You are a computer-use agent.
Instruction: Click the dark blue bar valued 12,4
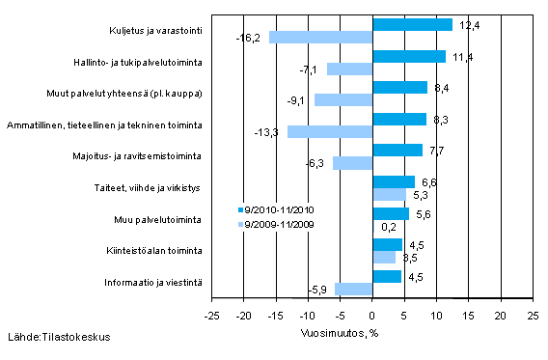pos(412,24)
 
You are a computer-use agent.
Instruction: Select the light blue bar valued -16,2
pos(320,37)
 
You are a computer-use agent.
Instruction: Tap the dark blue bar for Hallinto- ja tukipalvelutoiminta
pos(409,56)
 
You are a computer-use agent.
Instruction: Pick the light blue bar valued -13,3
pos(330,131)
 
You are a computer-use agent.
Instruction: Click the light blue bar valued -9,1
pos(343,100)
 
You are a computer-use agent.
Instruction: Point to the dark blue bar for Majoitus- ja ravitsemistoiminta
pos(397,151)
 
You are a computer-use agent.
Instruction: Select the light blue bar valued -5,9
pos(353,289)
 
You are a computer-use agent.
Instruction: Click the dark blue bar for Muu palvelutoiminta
pos(390,213)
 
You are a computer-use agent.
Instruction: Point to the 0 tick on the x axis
pos(372,316)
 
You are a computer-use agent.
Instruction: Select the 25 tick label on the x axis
pos(532,316)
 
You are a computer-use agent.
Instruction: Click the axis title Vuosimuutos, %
pos(371,328)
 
